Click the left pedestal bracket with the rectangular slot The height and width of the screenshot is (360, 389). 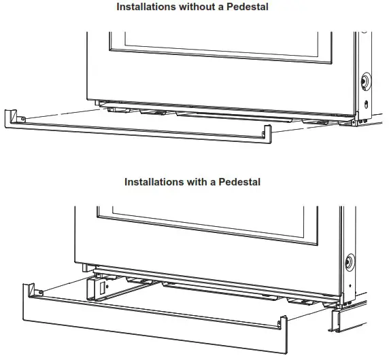(95, 289)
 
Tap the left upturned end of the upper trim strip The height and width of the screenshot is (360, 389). (12, 118)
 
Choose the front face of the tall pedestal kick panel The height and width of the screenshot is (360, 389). (150, 326)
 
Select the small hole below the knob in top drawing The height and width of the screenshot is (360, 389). (366, 104)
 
